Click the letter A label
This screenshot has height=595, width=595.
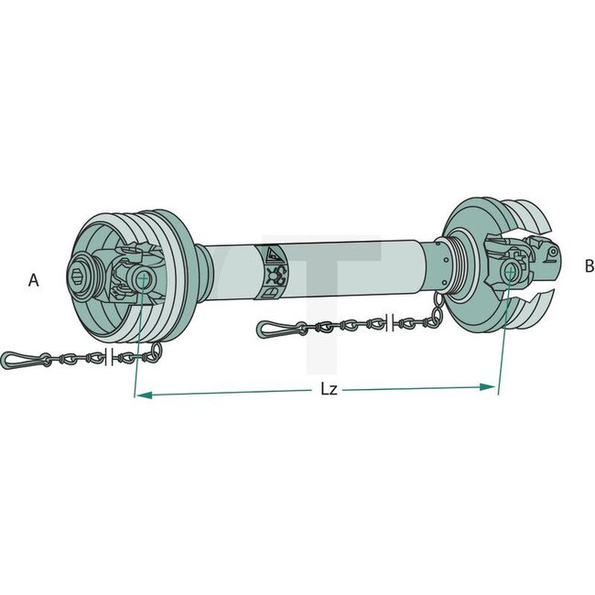coord(34,281)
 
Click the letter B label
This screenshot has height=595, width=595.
coord(589,266)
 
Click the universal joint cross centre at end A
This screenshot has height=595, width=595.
coord(141,277)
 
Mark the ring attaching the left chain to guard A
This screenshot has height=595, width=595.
coord(154,352)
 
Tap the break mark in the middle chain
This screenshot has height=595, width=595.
coord(391,320)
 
